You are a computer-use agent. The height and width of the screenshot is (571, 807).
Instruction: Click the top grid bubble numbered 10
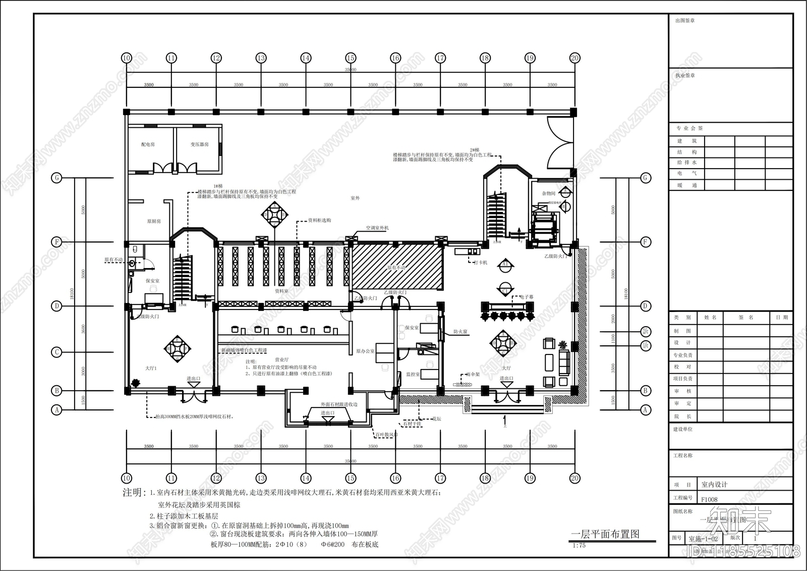click(127, 58)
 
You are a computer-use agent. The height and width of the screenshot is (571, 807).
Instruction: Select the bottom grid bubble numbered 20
click(574, 478)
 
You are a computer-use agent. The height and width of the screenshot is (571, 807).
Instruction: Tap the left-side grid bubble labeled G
click(57, 178)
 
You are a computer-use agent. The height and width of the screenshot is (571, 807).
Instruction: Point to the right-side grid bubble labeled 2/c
click(645, 332)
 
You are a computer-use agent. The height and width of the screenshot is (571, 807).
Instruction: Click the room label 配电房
click(148, 144)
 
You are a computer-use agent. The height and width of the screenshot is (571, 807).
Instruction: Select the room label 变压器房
click(199, 144)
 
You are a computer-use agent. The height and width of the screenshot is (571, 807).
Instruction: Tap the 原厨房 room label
click(154, 221)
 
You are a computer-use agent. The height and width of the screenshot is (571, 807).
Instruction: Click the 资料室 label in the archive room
click(281, 291)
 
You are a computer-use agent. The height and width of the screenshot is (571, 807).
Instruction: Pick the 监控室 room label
click(413, 375)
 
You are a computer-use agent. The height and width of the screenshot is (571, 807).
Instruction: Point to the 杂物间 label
click(548, 193)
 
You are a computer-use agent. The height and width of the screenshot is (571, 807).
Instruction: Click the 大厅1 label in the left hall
click(151, 369)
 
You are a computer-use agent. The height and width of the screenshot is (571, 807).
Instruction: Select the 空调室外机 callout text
click(377, 228)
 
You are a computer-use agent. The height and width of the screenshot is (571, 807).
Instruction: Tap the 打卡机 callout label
click(481, 263)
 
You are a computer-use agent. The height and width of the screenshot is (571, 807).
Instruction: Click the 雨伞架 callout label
click(473, 375)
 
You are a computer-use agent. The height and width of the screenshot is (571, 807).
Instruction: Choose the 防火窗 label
click(460, 332)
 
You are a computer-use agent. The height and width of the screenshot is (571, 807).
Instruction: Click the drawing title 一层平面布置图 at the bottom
click(605, 534)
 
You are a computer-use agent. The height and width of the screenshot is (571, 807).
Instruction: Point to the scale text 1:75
click(579, 545)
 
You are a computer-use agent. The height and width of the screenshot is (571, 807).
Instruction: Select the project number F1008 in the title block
click(709, 499)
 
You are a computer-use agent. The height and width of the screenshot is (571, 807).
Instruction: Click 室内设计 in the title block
click(714, 484)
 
